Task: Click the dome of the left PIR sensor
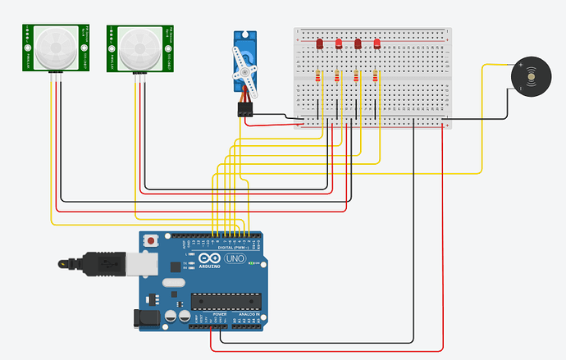coord(55,48)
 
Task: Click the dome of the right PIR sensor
coord(140,48)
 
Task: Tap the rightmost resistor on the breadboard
coord(376,77)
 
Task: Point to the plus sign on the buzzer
coord(520,64)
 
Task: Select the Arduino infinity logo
coord(203,259)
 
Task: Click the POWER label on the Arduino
coord(220,314)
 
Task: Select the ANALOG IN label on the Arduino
coord(249,314)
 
